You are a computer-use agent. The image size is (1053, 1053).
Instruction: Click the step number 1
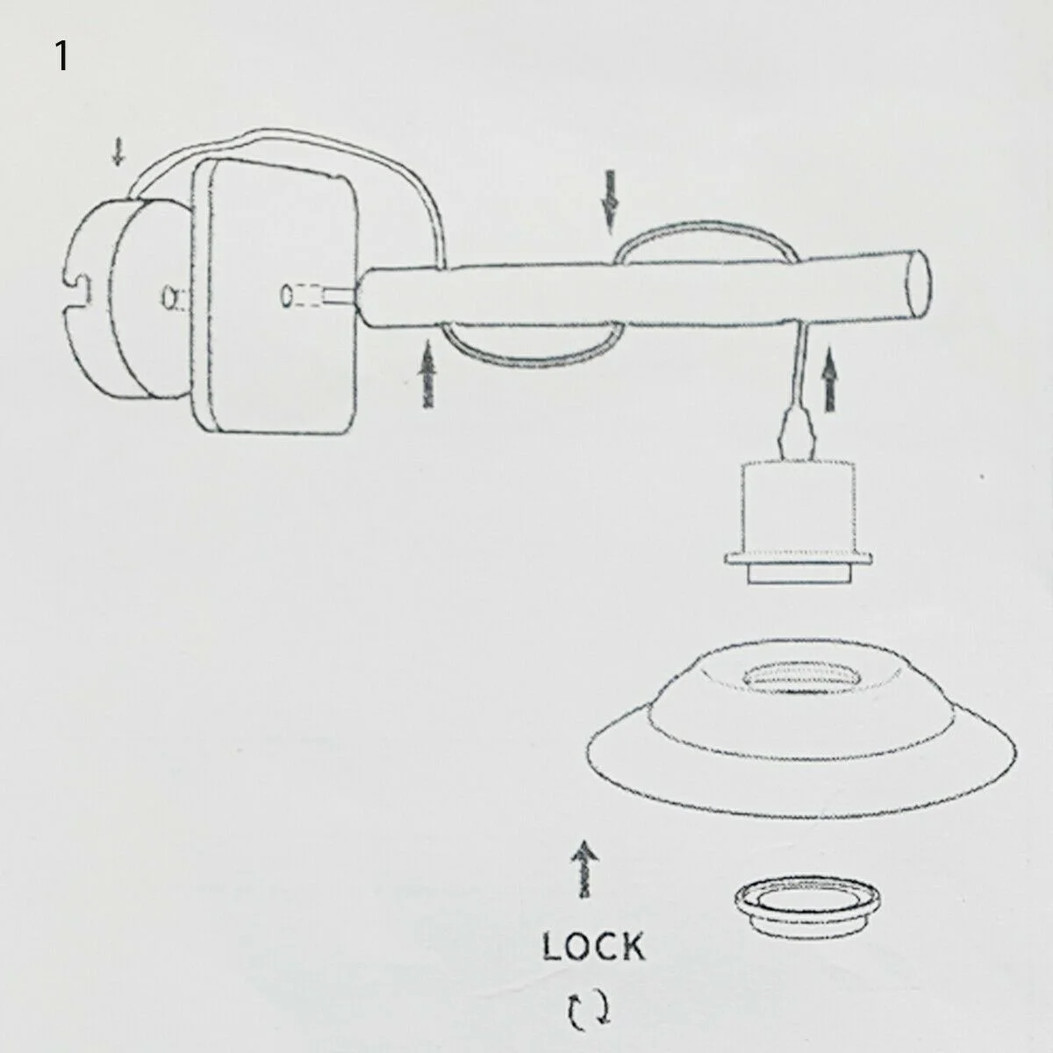click(x=61, y=57)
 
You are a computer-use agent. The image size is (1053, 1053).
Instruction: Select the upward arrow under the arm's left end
click(x=429, y=374)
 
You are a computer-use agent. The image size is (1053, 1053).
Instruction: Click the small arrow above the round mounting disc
click(x=118, y=154)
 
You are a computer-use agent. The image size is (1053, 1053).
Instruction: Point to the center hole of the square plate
click(x=286, y=296)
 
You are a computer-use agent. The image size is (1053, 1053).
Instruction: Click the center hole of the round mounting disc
click(x=168, y=298)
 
